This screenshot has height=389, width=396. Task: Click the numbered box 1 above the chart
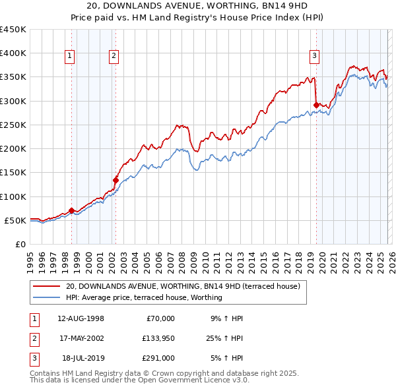(x=69, y=57)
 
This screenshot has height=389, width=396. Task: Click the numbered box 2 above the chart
(x=114, y=57)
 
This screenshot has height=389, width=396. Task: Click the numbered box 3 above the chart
(x=314, y=57)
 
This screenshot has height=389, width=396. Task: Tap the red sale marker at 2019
(x=316, y=105)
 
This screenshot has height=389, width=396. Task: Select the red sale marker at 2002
(x=115, y=180)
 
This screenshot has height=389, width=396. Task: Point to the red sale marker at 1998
(x=71, y=210)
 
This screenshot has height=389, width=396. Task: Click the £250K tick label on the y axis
(x=13, y=125)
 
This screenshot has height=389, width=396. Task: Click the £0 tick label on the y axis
(x=20, y=244)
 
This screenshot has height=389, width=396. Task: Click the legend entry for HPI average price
(x=144, y=298)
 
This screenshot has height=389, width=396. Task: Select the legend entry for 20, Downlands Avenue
(x=183, y=286)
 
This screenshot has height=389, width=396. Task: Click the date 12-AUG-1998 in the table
(x=81, y=318)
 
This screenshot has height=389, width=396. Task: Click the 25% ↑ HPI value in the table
(x=224, y=338)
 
